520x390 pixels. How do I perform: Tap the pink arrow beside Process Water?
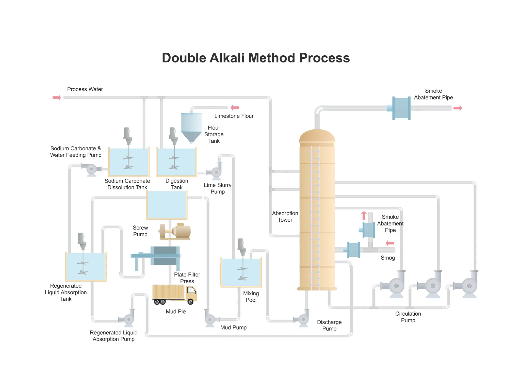[57, 97]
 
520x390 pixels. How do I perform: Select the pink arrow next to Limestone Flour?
[235, 108]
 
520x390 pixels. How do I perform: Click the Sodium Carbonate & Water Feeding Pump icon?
[91, 169]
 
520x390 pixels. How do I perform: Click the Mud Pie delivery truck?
[174, 294]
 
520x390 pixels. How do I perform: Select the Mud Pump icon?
[210, 319]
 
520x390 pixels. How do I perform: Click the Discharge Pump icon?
[303, 319]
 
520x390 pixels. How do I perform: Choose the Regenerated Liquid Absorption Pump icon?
[128, 319]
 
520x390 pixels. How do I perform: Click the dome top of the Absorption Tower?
[317, 136]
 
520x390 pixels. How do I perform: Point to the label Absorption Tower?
[285, 217]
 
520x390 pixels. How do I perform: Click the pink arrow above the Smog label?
[390, 243]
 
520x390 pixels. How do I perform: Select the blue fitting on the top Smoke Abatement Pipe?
[401, 108]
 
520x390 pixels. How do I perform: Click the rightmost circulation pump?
[469, 286]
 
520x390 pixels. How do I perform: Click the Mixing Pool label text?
[251, 297]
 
